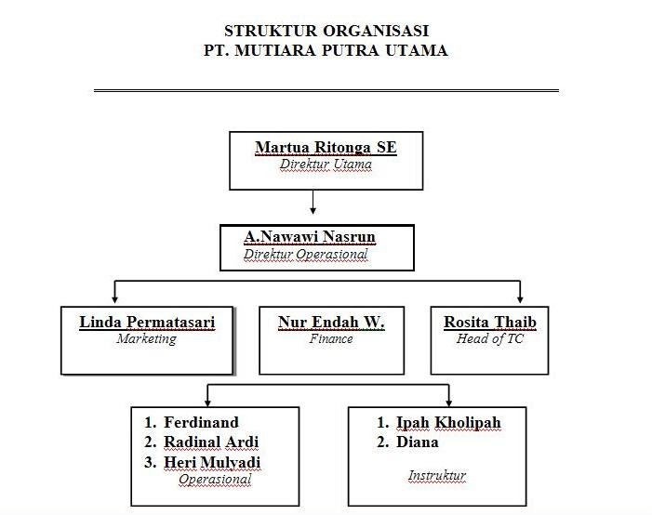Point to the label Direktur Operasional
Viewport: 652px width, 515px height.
click(305, 254)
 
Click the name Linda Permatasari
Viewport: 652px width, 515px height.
click(147, 323)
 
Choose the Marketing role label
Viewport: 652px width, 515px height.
click(147, 339)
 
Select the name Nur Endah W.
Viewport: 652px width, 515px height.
click(331, 323)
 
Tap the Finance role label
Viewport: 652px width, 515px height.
click(331, 339)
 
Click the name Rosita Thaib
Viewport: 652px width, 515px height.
click(490, 323)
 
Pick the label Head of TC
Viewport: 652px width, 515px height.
click(490, 339)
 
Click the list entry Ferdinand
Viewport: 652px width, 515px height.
click(201, 422)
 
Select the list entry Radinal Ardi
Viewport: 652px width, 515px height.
click(211, 442)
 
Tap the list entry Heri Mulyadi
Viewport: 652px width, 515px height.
click(212, 462)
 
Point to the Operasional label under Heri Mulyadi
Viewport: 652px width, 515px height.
click(215, 480)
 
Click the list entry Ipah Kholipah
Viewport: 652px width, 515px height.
click(448, 422)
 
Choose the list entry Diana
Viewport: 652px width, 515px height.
click(417, 442)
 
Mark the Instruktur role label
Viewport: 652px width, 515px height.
click(437, 476)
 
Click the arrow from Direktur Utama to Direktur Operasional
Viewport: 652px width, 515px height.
click(313, 201)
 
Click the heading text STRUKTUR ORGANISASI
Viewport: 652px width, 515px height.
click(326, 31)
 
